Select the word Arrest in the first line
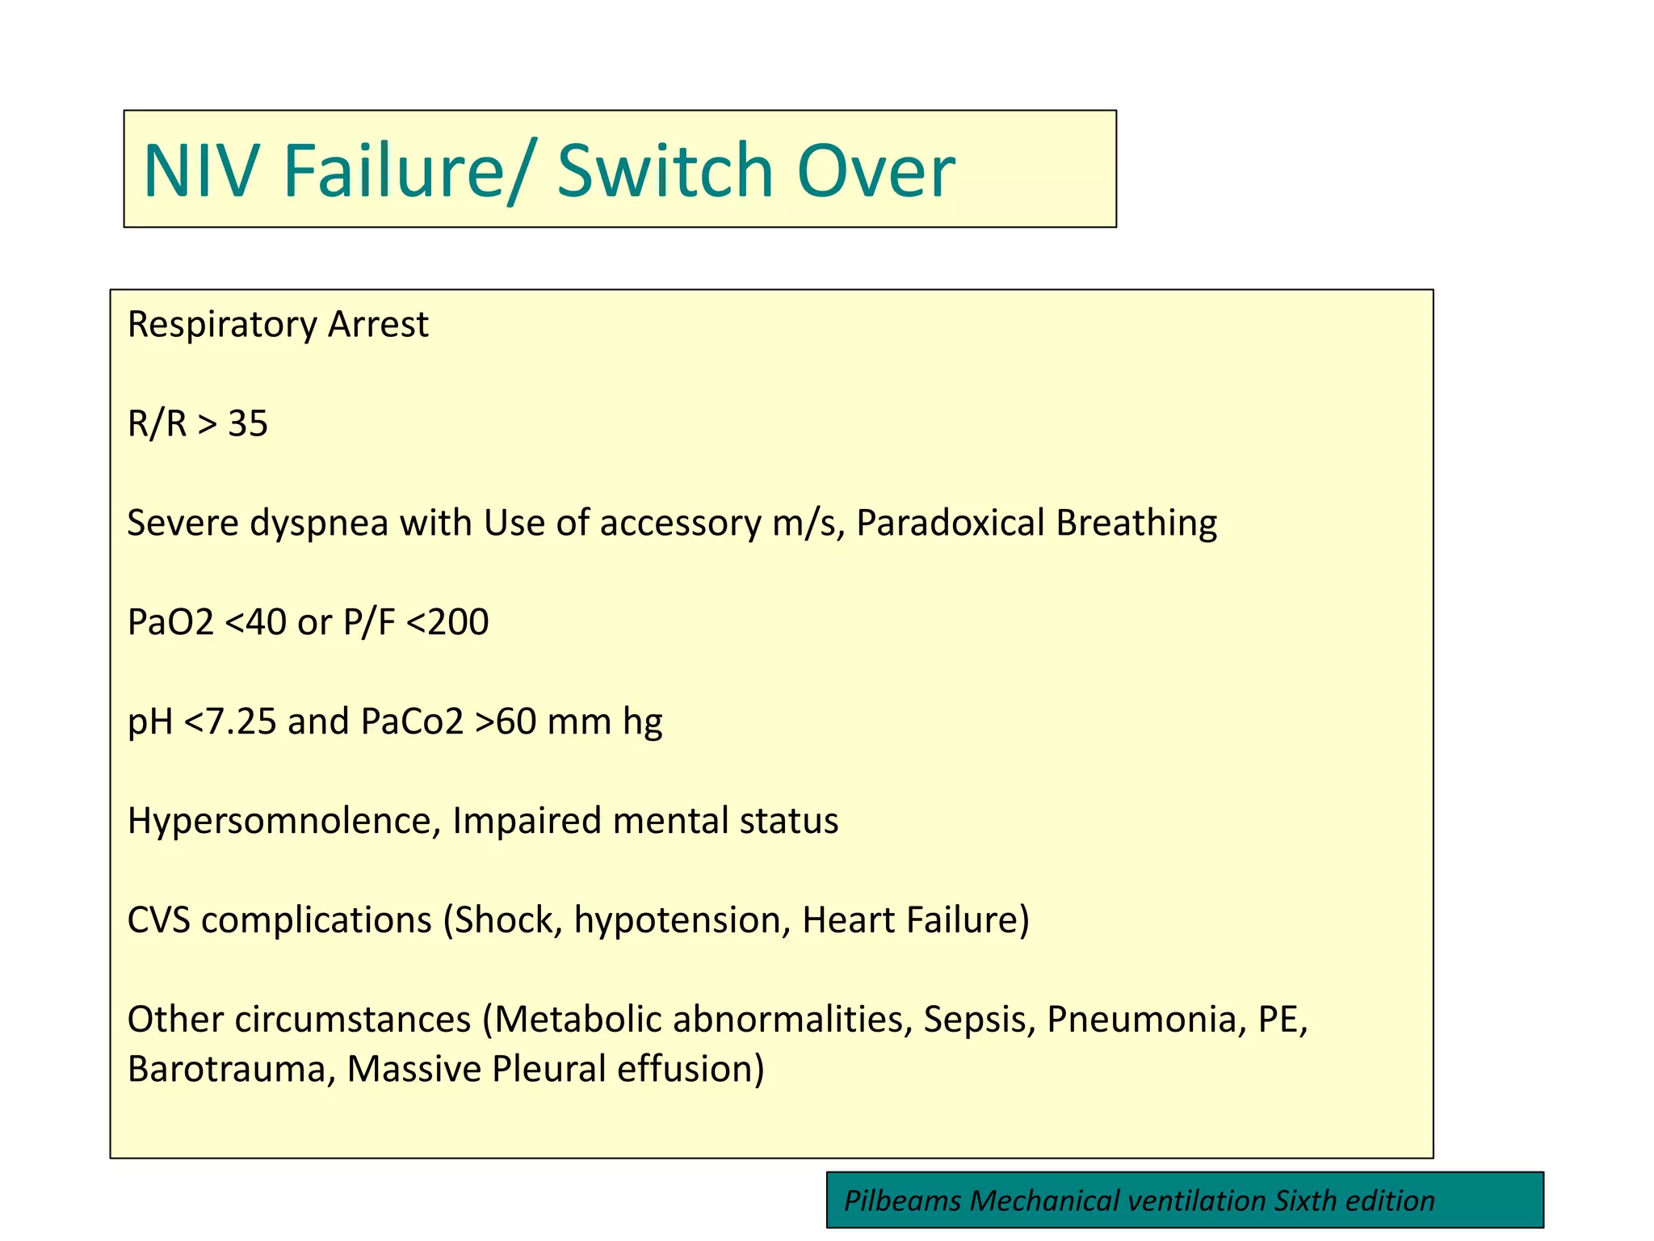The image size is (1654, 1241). [x=378, y=325]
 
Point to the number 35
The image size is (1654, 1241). [x=248, y=424]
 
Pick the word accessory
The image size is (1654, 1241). [x=680, y=524]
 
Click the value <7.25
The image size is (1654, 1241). [x=230, y=721]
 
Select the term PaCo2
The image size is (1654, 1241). [x=412, y=721]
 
